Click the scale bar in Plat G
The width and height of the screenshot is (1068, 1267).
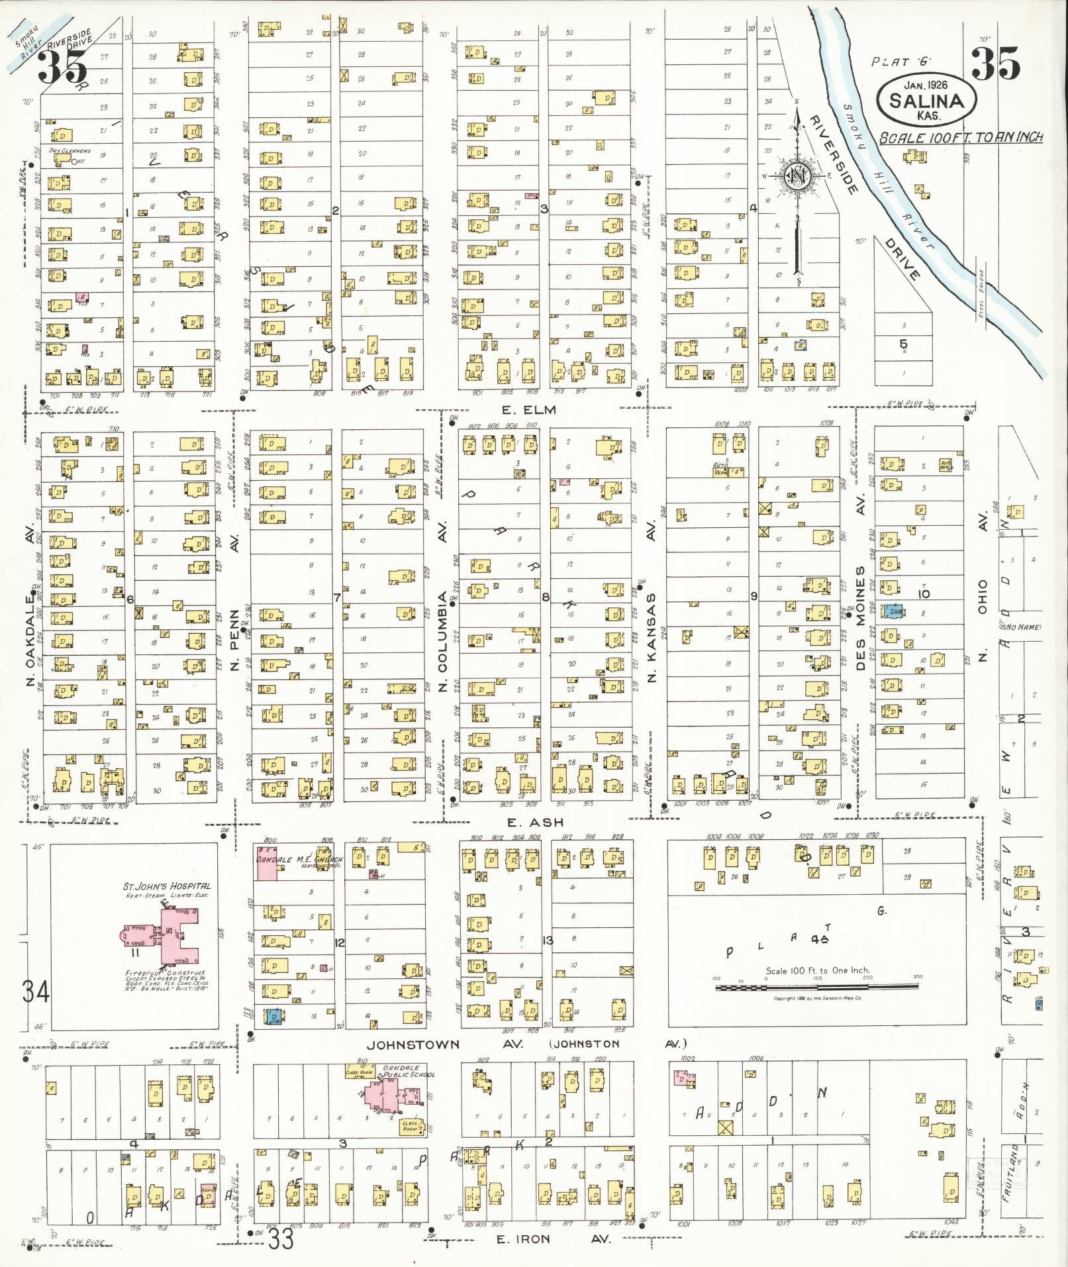point(817,987)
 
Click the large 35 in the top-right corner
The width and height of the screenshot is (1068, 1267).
point(995,64)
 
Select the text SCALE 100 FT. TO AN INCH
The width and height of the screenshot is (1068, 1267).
point(961,138)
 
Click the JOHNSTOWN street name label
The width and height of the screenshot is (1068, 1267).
point(413,1044)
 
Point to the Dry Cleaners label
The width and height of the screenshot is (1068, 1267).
point(70,151)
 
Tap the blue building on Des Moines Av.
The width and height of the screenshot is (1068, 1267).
point(895,613)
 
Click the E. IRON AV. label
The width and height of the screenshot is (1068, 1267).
point(556,1239)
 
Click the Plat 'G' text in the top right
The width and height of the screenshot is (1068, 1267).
point(901,62)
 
